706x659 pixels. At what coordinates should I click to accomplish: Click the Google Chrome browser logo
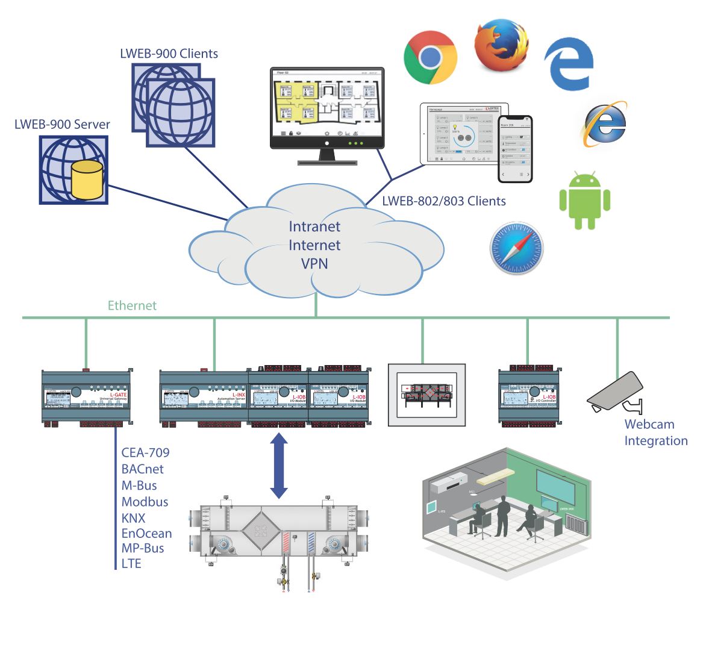(430, 57)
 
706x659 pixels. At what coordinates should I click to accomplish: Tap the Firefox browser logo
(501, 45)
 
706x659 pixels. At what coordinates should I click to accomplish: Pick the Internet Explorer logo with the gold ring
(605, 124)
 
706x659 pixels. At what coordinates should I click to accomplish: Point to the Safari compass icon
(516, 248)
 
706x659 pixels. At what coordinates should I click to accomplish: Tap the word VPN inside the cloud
(314, 263)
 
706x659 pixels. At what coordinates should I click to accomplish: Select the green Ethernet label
(132, 305)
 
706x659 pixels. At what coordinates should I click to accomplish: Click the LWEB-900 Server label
(62, 125)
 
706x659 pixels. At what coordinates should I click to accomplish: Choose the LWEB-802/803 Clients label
(444, 201)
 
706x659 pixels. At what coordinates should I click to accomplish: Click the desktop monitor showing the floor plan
(326, 108)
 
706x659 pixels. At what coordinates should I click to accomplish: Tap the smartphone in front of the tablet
(515, 149)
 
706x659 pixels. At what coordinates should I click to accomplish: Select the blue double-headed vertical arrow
(278, 466)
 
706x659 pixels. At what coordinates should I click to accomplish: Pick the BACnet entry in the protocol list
(142, 469)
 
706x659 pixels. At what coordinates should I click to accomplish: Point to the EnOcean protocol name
(146, 533)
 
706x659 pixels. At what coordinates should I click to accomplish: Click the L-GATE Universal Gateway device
(86, 398)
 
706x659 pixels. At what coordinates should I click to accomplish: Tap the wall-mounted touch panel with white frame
(426, 395)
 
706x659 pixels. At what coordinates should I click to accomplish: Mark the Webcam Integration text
(655, 433)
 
